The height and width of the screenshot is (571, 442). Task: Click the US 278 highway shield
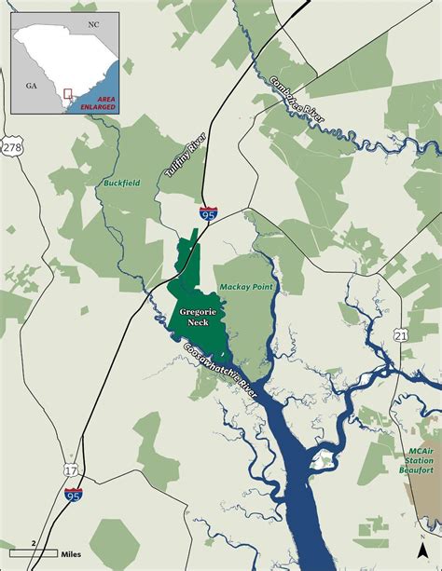(12, 147)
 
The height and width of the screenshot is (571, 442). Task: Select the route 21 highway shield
(400, 334)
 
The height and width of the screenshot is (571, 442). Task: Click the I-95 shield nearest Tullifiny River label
(205, 214)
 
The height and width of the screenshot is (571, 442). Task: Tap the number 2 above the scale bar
(34, 542)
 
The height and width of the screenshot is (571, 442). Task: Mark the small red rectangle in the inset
(67, 93)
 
